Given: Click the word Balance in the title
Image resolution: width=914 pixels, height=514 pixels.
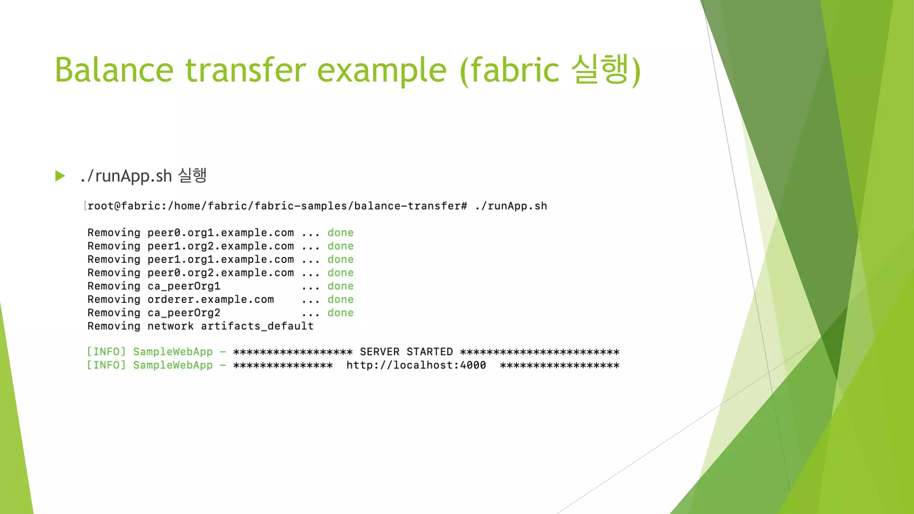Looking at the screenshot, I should coord(114,70).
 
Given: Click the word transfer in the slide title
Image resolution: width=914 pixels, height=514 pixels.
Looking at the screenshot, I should coord(246,70).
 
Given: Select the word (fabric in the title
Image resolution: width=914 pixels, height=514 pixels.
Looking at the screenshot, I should coord(509,70).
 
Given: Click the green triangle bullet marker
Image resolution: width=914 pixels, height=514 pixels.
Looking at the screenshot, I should coord(60,176).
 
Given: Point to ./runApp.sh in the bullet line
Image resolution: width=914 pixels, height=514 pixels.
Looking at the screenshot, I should coord(126,176).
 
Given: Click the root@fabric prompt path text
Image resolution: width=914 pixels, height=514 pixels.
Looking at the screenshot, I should coord(277,206).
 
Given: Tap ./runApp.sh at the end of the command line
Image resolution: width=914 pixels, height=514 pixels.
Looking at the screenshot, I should coord(511,206).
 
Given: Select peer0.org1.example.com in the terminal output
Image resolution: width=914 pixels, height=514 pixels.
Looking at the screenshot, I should coord(220,233).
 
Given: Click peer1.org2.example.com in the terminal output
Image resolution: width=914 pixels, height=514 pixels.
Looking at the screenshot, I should coord(220,246).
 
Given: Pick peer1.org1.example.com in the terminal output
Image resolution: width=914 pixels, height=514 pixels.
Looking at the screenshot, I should coord(220,260).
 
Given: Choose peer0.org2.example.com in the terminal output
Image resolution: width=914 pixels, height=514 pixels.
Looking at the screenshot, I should coord(220,273).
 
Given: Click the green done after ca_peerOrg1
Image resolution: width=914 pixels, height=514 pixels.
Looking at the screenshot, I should coord(341,286).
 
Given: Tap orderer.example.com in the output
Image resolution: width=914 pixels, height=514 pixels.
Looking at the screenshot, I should coord(211,300).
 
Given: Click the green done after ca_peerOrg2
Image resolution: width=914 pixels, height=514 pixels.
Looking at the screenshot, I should coord(341,313).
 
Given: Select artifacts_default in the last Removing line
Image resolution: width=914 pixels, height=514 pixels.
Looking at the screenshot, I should coord(257,327).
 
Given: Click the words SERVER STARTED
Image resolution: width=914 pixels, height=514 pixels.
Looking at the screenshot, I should coord(406,352).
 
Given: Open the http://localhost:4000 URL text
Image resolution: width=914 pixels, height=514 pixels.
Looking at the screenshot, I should coord(416,365).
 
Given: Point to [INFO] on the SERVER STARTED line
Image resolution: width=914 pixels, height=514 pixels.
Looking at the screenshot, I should coord(106,352).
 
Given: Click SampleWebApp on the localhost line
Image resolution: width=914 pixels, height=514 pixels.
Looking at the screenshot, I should coord(173,365).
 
